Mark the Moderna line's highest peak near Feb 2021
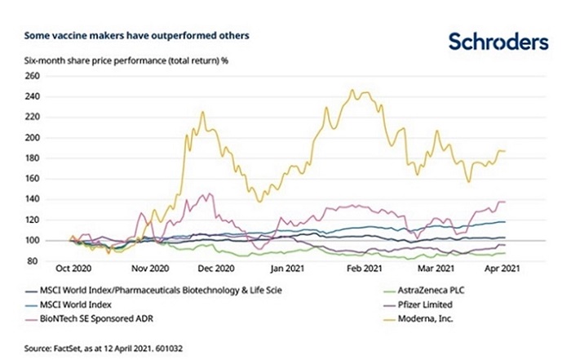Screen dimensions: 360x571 [352, 91]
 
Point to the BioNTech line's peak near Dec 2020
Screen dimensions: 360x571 [211, 194]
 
